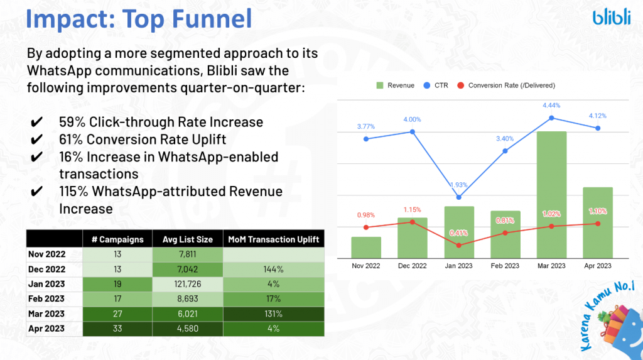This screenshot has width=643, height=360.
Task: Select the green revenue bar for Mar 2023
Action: coord(551,194)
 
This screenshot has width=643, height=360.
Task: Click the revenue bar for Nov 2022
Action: coord(366,247)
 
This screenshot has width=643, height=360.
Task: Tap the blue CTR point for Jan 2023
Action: coord(459,197)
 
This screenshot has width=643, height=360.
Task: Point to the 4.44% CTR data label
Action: coord(551,106)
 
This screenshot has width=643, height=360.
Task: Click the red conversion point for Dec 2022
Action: coord(413,222)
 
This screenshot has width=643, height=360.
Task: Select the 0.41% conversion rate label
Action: coord(459,233)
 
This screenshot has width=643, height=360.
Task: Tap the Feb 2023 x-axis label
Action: coord(505,266)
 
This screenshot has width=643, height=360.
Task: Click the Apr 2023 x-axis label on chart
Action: coord(598,266)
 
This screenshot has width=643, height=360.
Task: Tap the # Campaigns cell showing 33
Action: coord(117,328)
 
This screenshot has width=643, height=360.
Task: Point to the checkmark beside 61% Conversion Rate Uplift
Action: coord(36,139)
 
